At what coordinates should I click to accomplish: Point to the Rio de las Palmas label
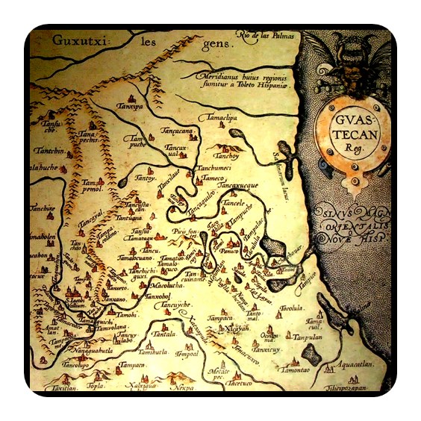[x=266, y=34]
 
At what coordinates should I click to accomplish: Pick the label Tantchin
[x=46, y=151]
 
